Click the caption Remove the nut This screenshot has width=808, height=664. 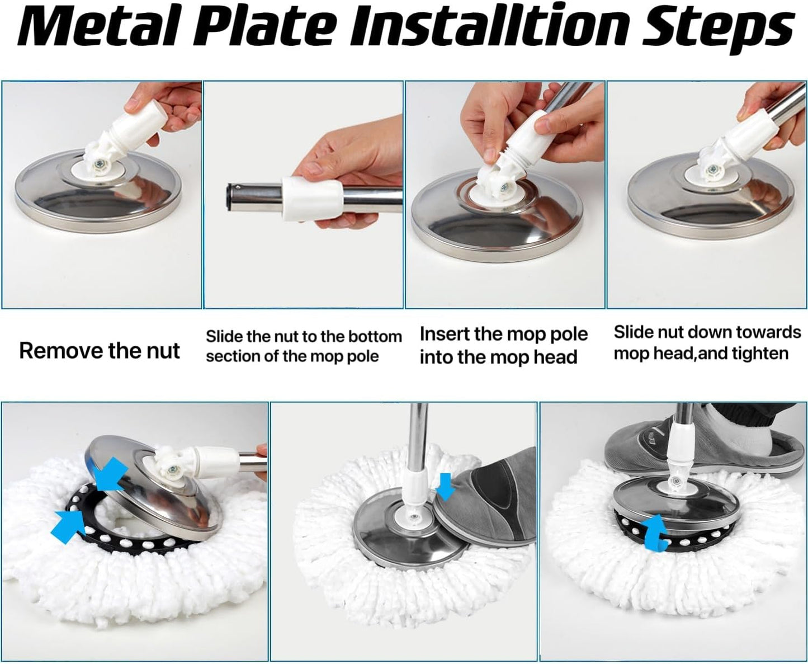coord(99,350)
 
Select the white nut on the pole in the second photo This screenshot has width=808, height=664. coord(312,199)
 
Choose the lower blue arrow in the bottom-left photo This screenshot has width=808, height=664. coord(69,525)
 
